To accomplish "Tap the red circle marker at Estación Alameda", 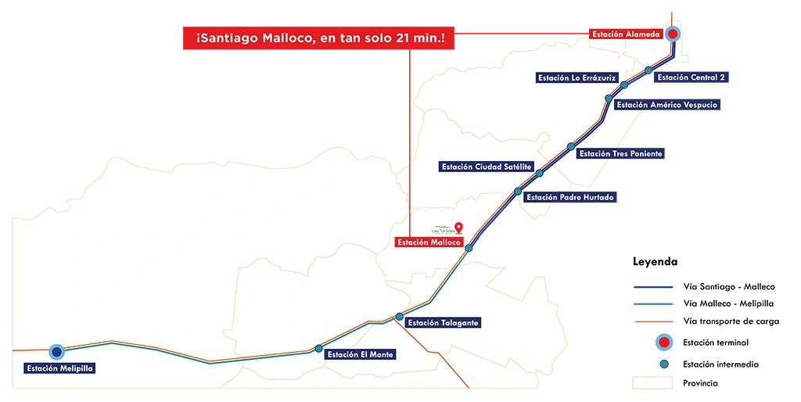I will tap(673, 34).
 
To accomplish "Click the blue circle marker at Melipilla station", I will tap(56, 352).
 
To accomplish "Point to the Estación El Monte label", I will tap(361, 354).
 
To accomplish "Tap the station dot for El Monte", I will tap(318, 349).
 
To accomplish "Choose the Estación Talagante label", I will tap(443, 322).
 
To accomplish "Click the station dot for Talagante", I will tap(400, 317).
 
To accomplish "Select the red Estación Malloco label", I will tap(429, 242).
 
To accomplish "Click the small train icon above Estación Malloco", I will tap(443, 229).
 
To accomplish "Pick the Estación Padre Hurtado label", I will tap(569, 197).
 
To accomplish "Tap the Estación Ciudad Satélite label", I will tap(487, 167).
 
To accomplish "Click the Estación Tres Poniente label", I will tap(620, 153).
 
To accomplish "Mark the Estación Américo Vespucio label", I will tap(666, 105).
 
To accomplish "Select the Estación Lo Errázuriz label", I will tap(577, 77).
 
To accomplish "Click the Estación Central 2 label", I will tap(691, 77).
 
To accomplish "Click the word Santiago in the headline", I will tap(229, 38).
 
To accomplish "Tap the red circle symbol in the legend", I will tap(664, 343).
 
